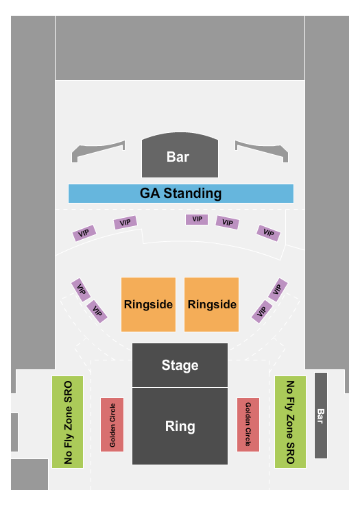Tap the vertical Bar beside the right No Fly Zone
(321, 415)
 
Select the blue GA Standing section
(181, 193)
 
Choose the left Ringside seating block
(148, 304)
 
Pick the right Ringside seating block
(211, 304)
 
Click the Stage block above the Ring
(180, 365)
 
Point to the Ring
(180, 426)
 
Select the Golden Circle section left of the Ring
(112, 424)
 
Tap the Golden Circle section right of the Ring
(248, 424)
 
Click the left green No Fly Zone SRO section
(68, 422)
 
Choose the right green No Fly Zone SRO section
(290, 422)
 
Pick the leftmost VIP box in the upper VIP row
(84, 233)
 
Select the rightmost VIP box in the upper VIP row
(269, 233)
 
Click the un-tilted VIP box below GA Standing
(197, 219)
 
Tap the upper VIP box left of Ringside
(81, 290)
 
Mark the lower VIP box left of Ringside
(97, 312)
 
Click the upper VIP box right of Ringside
(278, 290)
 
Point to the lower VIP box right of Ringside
(262, 312)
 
